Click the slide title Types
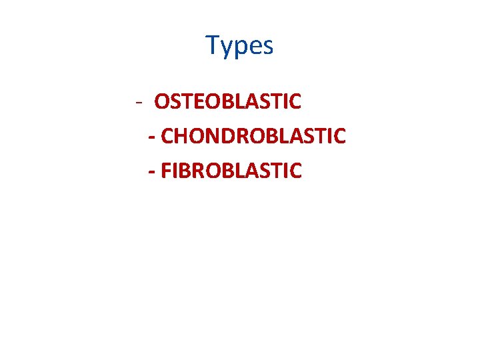(239, 46)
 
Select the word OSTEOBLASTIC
(228, 102)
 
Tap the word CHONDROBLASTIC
(253, 136)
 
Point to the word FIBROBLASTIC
(231, 170)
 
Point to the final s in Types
(267, 47)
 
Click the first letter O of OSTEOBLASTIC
(162, 102)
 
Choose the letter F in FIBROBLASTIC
(166, 170)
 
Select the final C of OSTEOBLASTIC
(295, 102)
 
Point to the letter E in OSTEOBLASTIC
(197, 102)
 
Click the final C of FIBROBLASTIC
(295, 170)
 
